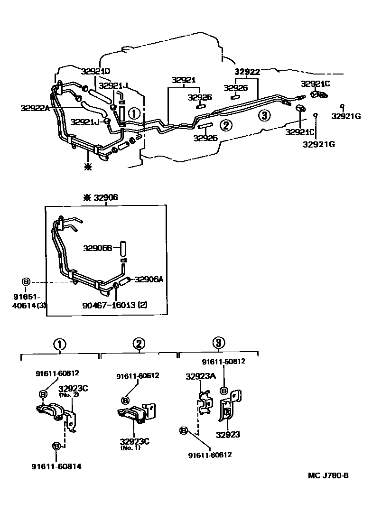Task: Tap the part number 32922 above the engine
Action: (x=247, y=72)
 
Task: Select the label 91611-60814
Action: (x=58, y=466)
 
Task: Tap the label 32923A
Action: (x=200, y=376)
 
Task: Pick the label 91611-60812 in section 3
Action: (x=223, y=361)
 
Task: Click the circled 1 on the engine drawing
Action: (x=134, y=113)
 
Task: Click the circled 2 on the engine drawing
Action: (x=226, y=125)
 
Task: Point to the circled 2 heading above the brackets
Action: (x=139, y=344)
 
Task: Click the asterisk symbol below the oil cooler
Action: (x=87, y=167)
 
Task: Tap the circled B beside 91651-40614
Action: (x=26, y=281)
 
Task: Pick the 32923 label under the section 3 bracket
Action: (x=228, y=434)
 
